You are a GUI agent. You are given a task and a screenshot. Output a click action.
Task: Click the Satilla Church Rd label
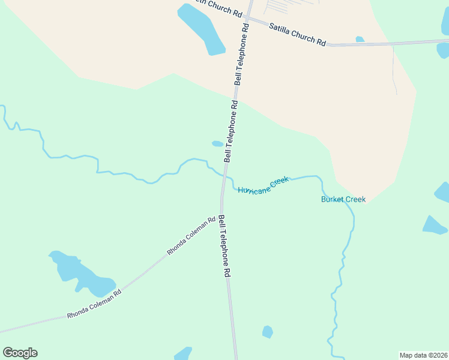coord(297,35)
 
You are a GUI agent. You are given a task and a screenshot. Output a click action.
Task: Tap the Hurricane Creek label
coord(264,185)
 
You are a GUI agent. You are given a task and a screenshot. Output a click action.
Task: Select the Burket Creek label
coord(343,199)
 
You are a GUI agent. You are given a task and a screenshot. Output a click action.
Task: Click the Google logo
coord(20,353)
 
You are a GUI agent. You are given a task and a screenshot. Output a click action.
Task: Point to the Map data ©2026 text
coord(423,355)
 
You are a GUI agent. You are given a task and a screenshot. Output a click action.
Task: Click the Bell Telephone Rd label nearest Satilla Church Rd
coord(242,55)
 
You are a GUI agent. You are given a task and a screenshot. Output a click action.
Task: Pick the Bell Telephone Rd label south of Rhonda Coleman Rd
coord(224,245)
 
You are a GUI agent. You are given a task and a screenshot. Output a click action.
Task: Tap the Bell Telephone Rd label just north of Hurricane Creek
coord(231,131)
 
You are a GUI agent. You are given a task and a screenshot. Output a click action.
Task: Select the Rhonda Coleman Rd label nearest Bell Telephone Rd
coord(191,236)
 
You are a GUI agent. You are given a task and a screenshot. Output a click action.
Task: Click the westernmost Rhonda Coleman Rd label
coord(94,303)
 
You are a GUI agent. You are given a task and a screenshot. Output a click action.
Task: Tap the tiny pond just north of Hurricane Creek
coord(217,144)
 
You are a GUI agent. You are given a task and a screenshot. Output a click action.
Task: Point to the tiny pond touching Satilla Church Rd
coord(360,40)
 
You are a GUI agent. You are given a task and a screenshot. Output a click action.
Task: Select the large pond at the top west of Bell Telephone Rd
coord(202,29)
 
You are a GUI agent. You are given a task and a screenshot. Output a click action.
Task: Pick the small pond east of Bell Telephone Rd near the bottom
coord(268,332)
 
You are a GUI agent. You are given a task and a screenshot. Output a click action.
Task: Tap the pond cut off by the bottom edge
coord(182,353)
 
